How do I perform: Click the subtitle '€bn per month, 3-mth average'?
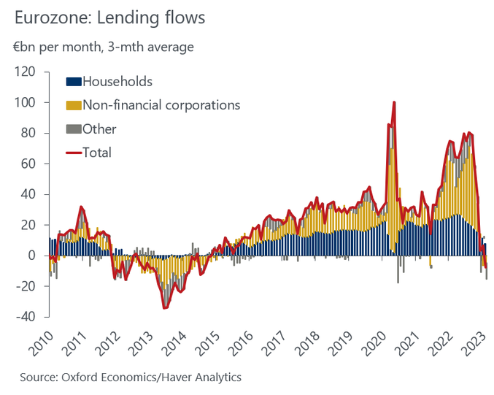104,47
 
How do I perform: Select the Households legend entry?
117,80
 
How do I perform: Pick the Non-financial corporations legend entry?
161,105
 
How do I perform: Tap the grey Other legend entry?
99,129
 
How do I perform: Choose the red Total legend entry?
97,153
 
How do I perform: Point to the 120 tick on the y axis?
26,72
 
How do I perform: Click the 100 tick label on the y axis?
26,103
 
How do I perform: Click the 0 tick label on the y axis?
32,256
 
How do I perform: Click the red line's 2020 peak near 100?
394,102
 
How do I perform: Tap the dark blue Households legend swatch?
74,81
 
